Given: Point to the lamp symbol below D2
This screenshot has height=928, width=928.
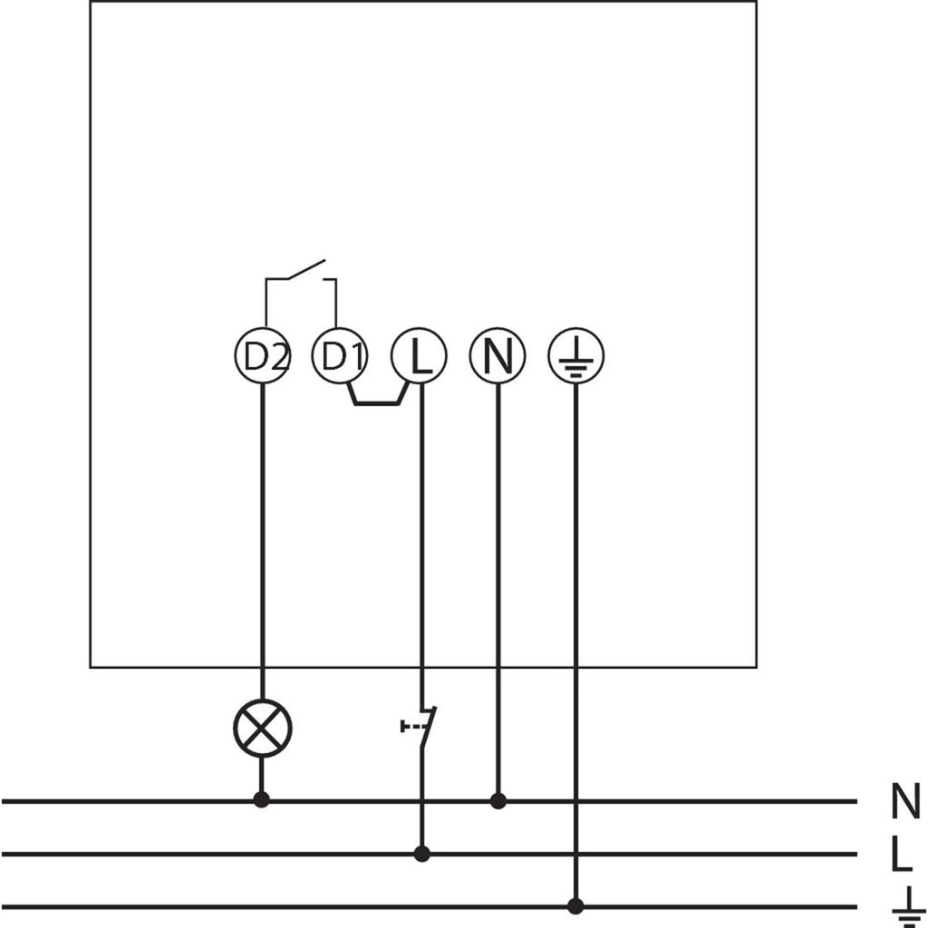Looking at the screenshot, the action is (x=262, y=728).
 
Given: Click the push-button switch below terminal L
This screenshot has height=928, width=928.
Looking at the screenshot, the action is (x=420, y=727).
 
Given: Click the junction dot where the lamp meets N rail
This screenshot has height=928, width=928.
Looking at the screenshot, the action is (x=262, y=800).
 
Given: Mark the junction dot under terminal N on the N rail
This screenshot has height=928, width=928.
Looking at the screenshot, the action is (x=498, y=801).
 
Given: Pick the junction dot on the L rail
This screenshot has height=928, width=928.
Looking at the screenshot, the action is (x=422, y=854).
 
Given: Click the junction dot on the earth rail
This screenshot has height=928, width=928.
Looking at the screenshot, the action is (x=575, y=906).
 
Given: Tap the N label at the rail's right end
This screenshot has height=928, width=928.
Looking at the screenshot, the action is (x=905, y=801).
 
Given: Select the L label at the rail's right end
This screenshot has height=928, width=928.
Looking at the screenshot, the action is (x=902, y=854).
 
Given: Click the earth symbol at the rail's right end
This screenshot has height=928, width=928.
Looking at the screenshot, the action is (x=908, y=907).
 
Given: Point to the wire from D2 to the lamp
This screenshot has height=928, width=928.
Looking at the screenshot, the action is (x=262, y=542).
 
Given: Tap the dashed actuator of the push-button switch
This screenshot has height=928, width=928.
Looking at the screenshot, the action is (x=413, y=726).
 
